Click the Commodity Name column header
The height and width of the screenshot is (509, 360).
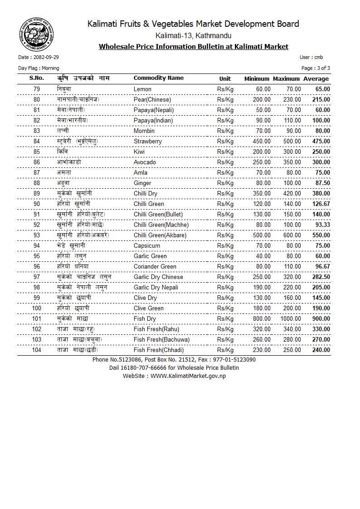tap(158, 78)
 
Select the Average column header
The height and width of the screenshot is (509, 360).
tap(316, 79)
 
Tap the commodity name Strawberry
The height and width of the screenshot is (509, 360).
tap(148, 142)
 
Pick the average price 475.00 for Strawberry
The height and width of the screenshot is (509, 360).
tap(321, 142)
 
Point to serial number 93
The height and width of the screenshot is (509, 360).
tap(37, 235)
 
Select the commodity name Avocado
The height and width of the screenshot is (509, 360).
tap(145, 162)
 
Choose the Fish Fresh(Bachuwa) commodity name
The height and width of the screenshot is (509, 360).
tap(161, 340)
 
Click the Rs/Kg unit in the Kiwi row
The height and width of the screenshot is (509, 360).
tap(225, 152)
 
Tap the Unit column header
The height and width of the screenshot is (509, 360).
tap(225, 79)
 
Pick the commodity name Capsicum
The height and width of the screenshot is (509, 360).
tap(147, 246)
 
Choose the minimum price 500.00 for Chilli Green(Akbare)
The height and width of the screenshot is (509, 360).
tap(262, 235)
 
